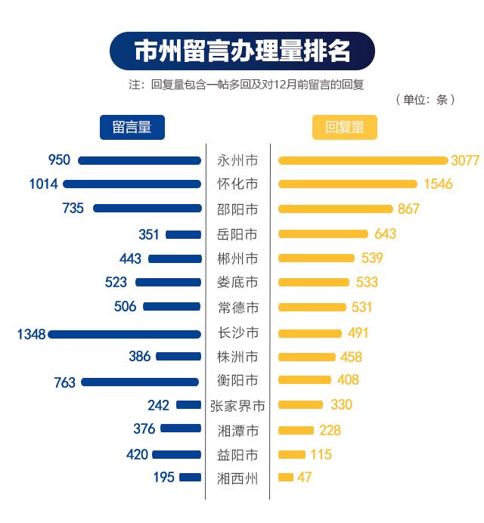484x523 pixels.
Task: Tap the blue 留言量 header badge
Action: pos(132,127)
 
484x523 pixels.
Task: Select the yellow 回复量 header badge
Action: pos(344,127)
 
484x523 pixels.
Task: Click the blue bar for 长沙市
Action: pos(125,333)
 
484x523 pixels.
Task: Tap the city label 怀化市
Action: pos(237,184)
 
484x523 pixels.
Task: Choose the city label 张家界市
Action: pos(237,406)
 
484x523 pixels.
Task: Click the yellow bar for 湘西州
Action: pos(286,478)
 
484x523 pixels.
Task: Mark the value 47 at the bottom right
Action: pos(305,478)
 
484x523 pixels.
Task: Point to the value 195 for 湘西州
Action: pos(163,478)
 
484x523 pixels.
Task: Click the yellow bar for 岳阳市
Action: pos(323,234)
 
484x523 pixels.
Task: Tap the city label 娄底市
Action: pos(237,283)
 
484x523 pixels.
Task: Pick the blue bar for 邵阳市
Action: pos(147,209)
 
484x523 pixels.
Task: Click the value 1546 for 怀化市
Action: pos(438,184)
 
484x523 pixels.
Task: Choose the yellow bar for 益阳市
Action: pos(292,455)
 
